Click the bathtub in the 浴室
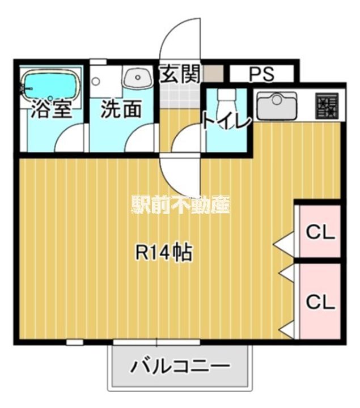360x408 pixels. (50, 84)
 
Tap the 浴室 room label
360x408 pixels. (52, 109)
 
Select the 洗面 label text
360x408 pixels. (121, 109)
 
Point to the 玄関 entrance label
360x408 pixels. (180, 74)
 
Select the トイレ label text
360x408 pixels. (227, 121)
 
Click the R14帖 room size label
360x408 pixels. (164, 252)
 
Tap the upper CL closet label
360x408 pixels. (321, 232)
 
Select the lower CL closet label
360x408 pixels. (321, 301)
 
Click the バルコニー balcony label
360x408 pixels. (180, 367)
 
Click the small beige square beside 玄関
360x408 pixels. (213, 74)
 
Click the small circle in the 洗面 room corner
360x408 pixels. (96, 81)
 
